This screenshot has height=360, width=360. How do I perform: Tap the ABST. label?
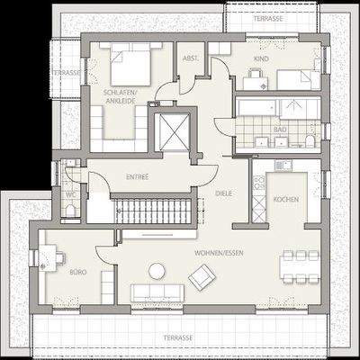pyautogui.click(x=190, y=58)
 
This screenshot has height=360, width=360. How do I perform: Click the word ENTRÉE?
pyautogui.click(x=138, y=176)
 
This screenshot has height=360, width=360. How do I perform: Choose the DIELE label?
pyautogui.click(x=224, y=193)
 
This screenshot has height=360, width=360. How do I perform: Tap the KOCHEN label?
pyautogui.click(x=285, y=199)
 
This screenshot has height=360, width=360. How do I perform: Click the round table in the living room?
pyautogui.click(x=157, y=270)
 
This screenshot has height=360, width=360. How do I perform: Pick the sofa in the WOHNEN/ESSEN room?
pyautogui.click(x=157, y=293)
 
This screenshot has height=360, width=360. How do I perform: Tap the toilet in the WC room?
pyautogui.click(x=70, y=211)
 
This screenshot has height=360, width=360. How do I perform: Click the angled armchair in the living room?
pyautogui.click(x=202, y=276)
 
